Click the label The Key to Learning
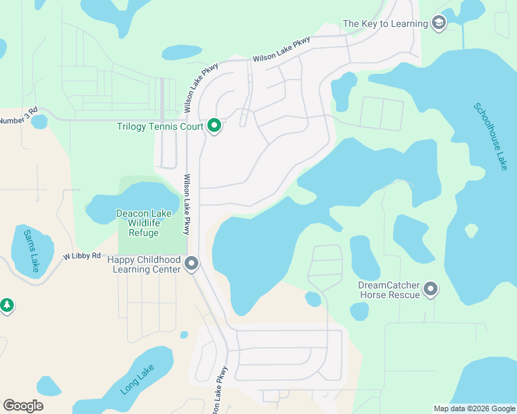point(385,24)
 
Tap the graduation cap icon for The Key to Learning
point(438,24)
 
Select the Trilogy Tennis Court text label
point(160,126)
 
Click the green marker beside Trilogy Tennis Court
point(214,126)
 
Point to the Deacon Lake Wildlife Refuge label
point(144,223)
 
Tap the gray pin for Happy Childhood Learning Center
point(192,264)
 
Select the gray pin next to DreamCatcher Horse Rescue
point(431,289)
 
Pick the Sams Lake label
point(30,251)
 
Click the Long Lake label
point(137,380)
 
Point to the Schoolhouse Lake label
point(490,137)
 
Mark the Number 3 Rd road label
point(18,119)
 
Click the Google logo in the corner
point(23,406)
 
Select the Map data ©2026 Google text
point(474,408)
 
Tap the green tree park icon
point(7,305)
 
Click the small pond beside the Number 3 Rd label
point(39,121)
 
